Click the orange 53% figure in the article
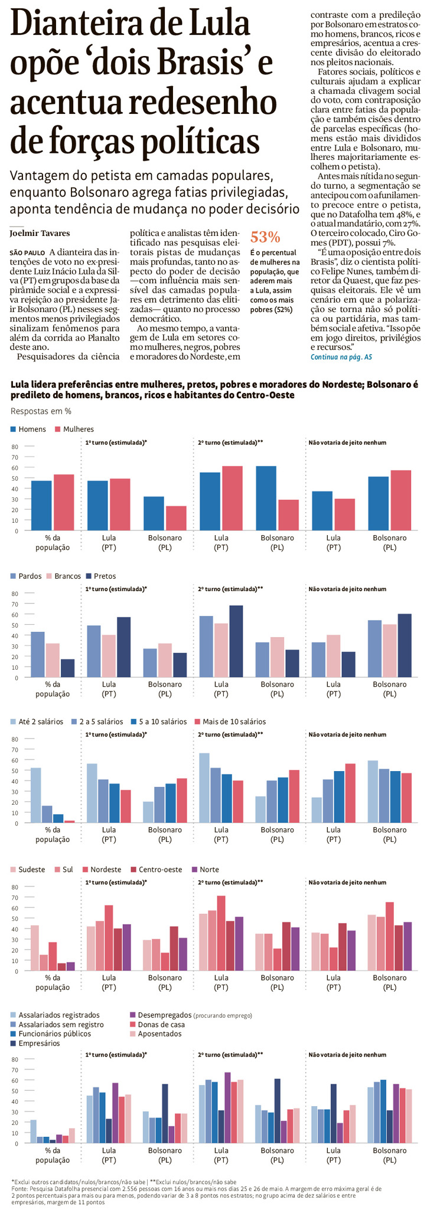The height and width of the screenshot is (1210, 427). pos(265,237)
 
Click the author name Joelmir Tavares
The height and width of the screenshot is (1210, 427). pos(40,233)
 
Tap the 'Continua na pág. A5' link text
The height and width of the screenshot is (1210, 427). pos(341,357)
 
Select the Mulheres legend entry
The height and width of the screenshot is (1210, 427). pos(74,429)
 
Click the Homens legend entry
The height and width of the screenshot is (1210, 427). pos(28,429)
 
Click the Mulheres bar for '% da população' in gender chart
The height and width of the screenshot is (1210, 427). pos(64,502)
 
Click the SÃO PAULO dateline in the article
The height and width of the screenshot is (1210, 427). pos(25,253)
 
